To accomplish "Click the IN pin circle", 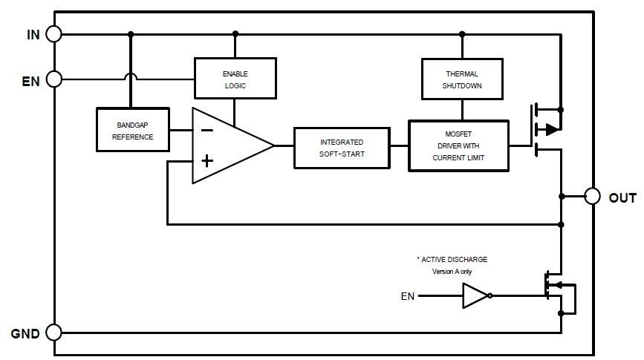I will point(54,33).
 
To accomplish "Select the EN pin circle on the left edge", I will point(54,79).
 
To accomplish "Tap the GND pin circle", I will point(54,333).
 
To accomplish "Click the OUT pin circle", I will point(592,196).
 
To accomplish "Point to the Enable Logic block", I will point(235,79).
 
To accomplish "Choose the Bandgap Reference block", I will point(133,130).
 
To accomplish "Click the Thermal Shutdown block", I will point(462,79).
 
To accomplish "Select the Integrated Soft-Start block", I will point(342,148).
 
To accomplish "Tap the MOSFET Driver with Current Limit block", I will point(458,146).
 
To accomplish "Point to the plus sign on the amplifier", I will point(207,160).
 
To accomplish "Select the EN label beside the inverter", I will point(408,297).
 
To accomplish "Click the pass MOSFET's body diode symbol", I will point(551,129).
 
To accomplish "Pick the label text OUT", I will point(622,198).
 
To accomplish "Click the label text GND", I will point(25,334).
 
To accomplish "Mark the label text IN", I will point(33,34).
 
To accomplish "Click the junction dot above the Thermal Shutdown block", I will point(462,33).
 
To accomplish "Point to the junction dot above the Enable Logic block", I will point(235,33).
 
